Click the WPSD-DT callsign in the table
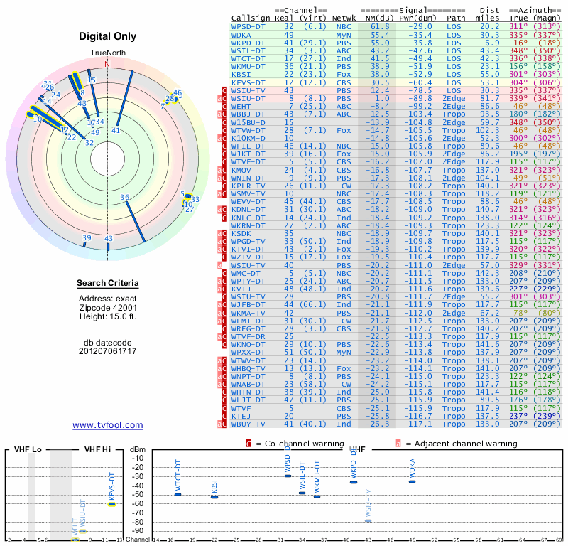(248, 26)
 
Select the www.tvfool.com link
(107, 425)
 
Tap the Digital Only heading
(108, 36)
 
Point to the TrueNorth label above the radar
(107, 53)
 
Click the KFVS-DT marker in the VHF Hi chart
(111, 504)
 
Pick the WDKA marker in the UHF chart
(412, 481)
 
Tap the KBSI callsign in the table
(241, 73)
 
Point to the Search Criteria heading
(108, 284)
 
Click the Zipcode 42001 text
(108, 307)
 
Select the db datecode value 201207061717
(108, 351)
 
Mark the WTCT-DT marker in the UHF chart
(178, 493)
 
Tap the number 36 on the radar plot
(125, 198)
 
